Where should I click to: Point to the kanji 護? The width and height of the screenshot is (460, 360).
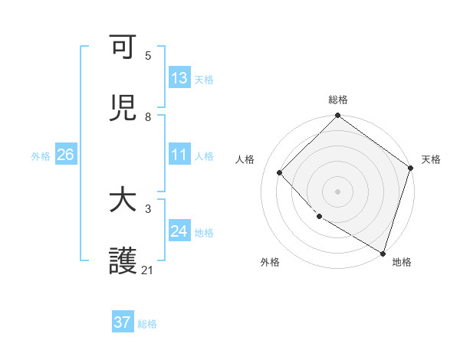coord(123,261)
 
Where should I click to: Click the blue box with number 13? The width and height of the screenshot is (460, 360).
coord(179,78)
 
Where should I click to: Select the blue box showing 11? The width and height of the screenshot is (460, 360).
coord(179,155)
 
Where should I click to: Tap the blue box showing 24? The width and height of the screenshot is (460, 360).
coord(179,231)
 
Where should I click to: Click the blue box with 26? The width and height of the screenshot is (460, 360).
coord(65,155)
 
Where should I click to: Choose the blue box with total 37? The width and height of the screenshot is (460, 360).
coord(123,322)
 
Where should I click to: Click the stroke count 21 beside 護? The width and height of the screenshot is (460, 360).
coord(148,270)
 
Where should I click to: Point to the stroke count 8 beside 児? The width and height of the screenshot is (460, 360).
coord(148,116)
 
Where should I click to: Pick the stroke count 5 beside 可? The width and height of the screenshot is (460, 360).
coord(148,55)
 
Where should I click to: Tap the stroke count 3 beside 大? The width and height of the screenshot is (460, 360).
coord(148,208)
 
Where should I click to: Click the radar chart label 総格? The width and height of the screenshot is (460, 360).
coord(338,100)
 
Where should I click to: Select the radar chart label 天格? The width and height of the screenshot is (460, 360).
coord(431,159)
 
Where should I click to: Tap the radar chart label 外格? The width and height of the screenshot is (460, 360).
coord(270,262)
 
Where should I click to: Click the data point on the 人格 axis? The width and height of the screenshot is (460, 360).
coord(280,172)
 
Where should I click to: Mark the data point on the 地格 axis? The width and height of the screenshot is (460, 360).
coord(383,252)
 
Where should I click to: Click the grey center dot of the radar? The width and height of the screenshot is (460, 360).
coord(338,191)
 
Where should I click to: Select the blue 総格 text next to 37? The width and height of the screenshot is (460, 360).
coord(147,324)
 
